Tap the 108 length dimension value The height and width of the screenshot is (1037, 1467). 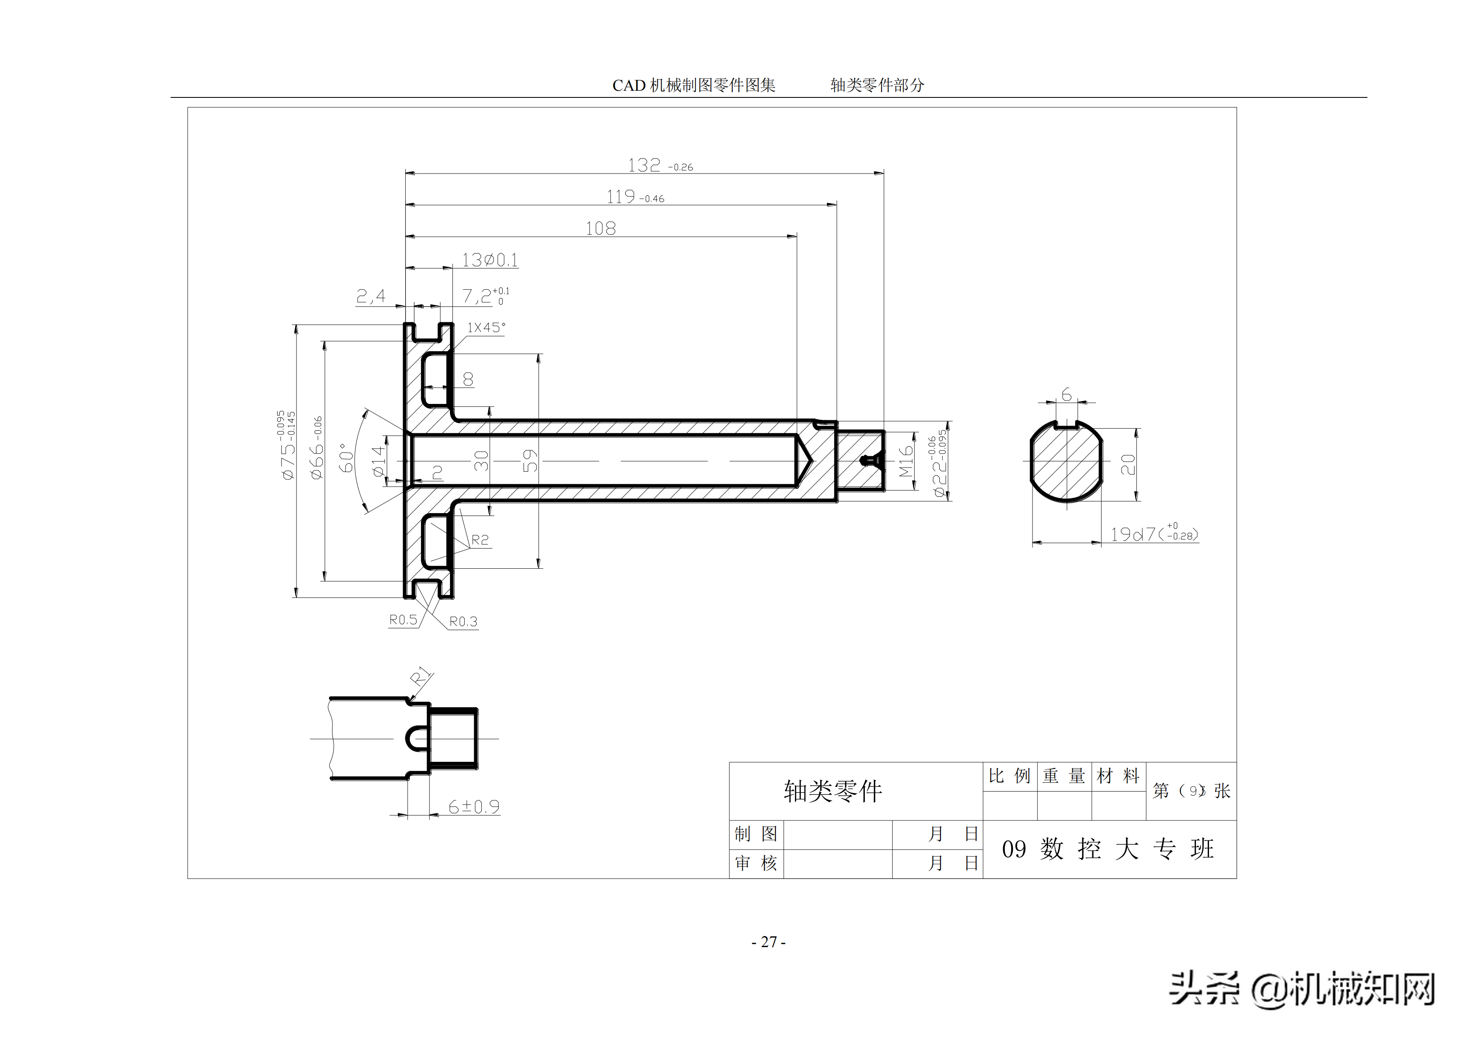(x=601, y=229)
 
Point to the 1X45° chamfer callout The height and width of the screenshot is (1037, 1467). (x=486, y=328)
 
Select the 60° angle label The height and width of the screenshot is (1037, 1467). (x=346, y=457)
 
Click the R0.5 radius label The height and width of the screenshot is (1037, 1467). (x=403, y=620)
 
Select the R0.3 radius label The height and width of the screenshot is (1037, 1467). (x=463, y=622)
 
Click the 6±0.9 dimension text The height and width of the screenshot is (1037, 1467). (x=473, y=807)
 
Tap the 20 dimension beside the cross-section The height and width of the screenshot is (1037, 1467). (x=1128, y=465)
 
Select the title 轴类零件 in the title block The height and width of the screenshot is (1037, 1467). (x=833, y=791)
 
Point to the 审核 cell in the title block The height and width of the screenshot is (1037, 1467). (x=756, y=863)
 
